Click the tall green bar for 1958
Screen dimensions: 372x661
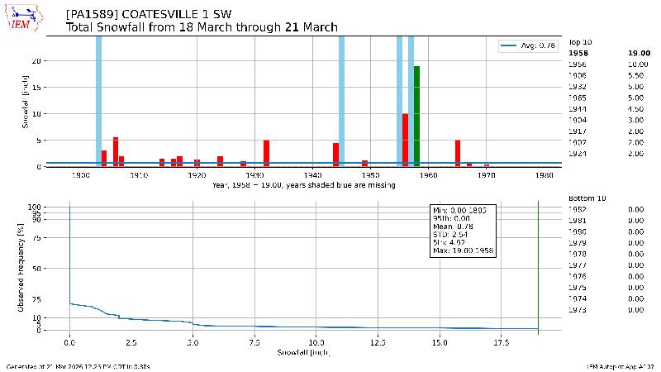[x=417, y=116]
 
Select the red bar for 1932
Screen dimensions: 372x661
[x=267, y=153]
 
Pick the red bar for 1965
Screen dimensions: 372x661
[x=457, y=153]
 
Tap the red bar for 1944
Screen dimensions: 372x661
[x=336, y=155]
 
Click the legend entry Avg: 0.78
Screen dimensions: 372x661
[x=529, y=45]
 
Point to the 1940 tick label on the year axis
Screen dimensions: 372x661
[x=313, y=175]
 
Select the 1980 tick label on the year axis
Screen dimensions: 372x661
[x=544, y=175]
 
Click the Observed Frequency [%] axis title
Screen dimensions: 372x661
[x=21, y=267]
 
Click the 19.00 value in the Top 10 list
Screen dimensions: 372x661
[x=636, y=52]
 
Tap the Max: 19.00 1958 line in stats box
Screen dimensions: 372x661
[x=464, y=250]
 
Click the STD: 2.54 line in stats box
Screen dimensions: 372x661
[x=452, y=234]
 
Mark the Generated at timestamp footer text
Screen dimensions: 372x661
[x=78, y=365]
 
